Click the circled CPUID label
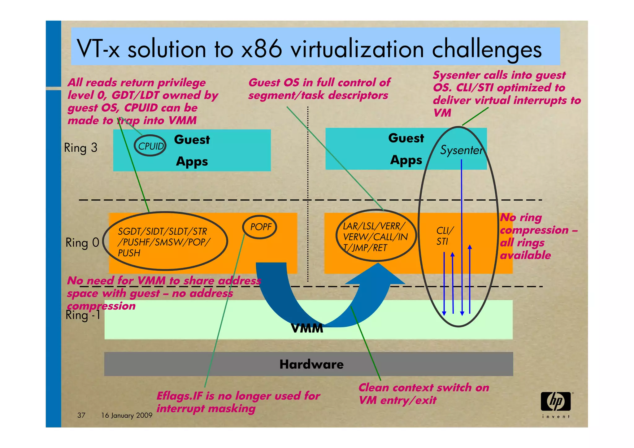(x=150, y=146)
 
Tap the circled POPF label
(x=261, y=227)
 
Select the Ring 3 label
(x=80, y=148)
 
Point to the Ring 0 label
(x=82, y=242)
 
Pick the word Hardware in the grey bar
(x=311, y=364)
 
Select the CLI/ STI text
(x=445, y=236)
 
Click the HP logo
(x=556, y=402)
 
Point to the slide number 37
(x=81, y=415)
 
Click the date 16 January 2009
(x=127, y=415)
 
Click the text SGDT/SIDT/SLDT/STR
(x=163, y=231)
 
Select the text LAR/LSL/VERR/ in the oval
(x=373, y=226)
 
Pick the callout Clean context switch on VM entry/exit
(x=423, y=394)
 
